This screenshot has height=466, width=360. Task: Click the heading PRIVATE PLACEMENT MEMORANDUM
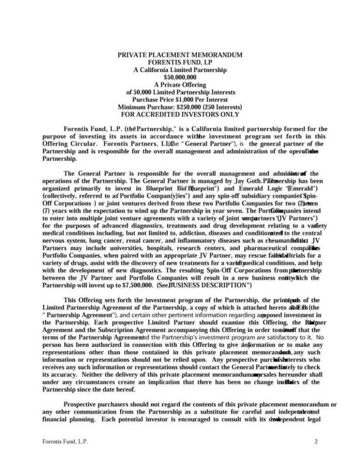coord(180,55)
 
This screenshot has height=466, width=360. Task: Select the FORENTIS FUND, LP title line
coord(180,62)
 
